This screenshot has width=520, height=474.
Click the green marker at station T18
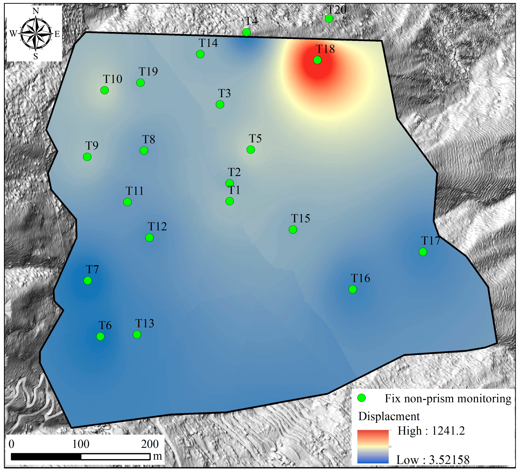point(317,60)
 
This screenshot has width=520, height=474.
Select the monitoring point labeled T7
point(88,280)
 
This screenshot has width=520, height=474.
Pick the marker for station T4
point(247,32)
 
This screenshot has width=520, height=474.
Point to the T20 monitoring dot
point(329,18)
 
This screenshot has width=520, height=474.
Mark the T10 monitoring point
point(104,90)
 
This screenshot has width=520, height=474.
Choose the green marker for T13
point(137,335)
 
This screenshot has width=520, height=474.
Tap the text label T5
point(255,139)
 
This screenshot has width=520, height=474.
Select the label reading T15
point(301,219)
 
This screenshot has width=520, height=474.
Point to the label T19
point(148,71)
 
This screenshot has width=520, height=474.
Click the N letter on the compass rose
point(36,11)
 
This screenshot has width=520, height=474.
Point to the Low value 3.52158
point(449,460)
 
